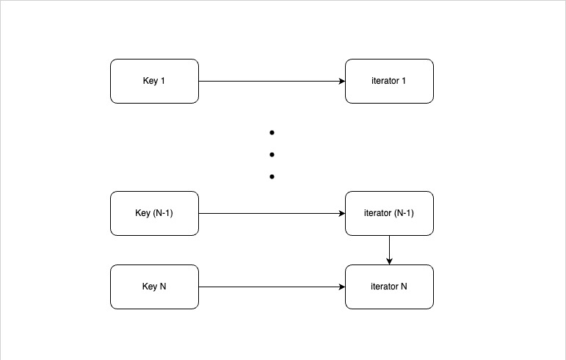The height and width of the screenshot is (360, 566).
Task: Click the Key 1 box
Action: (154, 81)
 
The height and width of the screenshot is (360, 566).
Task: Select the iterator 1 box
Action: (389, 81)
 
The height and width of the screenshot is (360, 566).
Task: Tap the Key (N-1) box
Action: (154, 213)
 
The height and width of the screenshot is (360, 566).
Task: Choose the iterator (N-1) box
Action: (389, 213)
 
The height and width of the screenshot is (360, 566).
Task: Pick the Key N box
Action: (154, 287)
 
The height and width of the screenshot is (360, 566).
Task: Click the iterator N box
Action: (389, 287)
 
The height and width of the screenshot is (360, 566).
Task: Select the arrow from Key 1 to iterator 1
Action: (272, 81)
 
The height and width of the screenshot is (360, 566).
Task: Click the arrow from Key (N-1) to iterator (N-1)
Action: (272, 213)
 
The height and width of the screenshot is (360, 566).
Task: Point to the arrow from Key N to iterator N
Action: (272, 287)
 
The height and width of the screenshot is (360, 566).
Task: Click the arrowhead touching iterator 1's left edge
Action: (341, 81)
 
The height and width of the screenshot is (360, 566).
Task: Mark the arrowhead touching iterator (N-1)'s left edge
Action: (341, 213)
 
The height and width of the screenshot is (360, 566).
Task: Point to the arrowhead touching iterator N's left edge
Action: (341, 287)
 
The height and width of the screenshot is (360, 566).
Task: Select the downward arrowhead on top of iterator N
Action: (389, 261)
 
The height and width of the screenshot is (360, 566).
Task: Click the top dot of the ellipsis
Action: (272, 133)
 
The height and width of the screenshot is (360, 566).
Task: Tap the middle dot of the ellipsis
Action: (272, 155)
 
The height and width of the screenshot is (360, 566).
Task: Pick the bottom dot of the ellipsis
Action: (272, 177)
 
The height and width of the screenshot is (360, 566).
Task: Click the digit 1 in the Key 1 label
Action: (162, 81)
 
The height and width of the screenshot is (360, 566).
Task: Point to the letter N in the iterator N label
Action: (404, 287)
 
